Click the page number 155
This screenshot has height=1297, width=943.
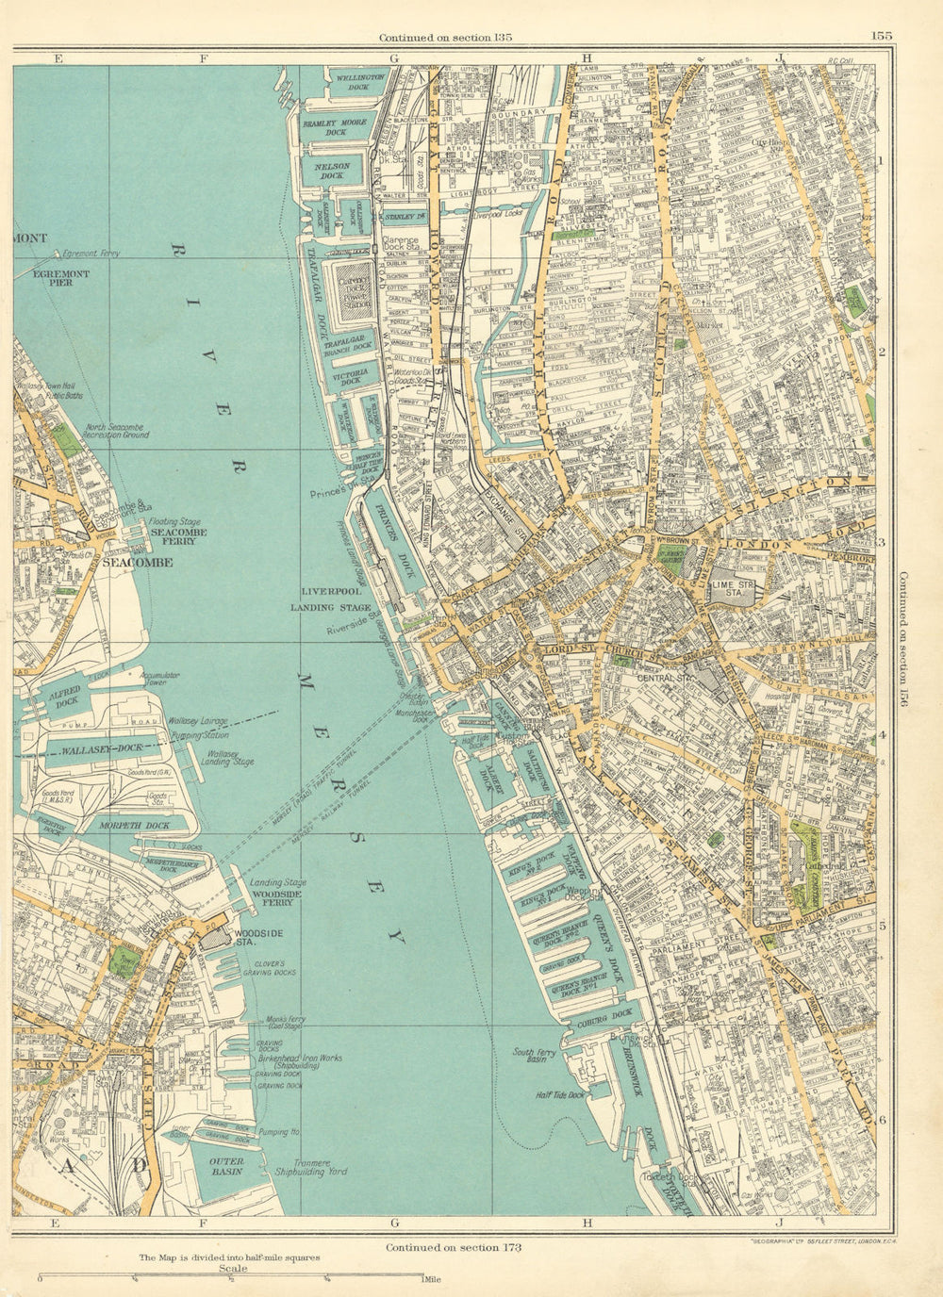pyautogui.click(x=882, y=37)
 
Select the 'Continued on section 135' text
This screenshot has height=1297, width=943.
pyautogui.click(x=445, y=38)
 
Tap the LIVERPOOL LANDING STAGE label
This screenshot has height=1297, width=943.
pyautogui.click(x=326, y=598)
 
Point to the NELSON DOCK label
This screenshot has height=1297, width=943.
pyautogui.click(x=332, y=171)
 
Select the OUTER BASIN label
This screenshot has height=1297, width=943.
pyautogui.click(x=226, y=1167)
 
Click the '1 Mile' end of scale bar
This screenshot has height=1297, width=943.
pyautogui.click(x=425, y=1279)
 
